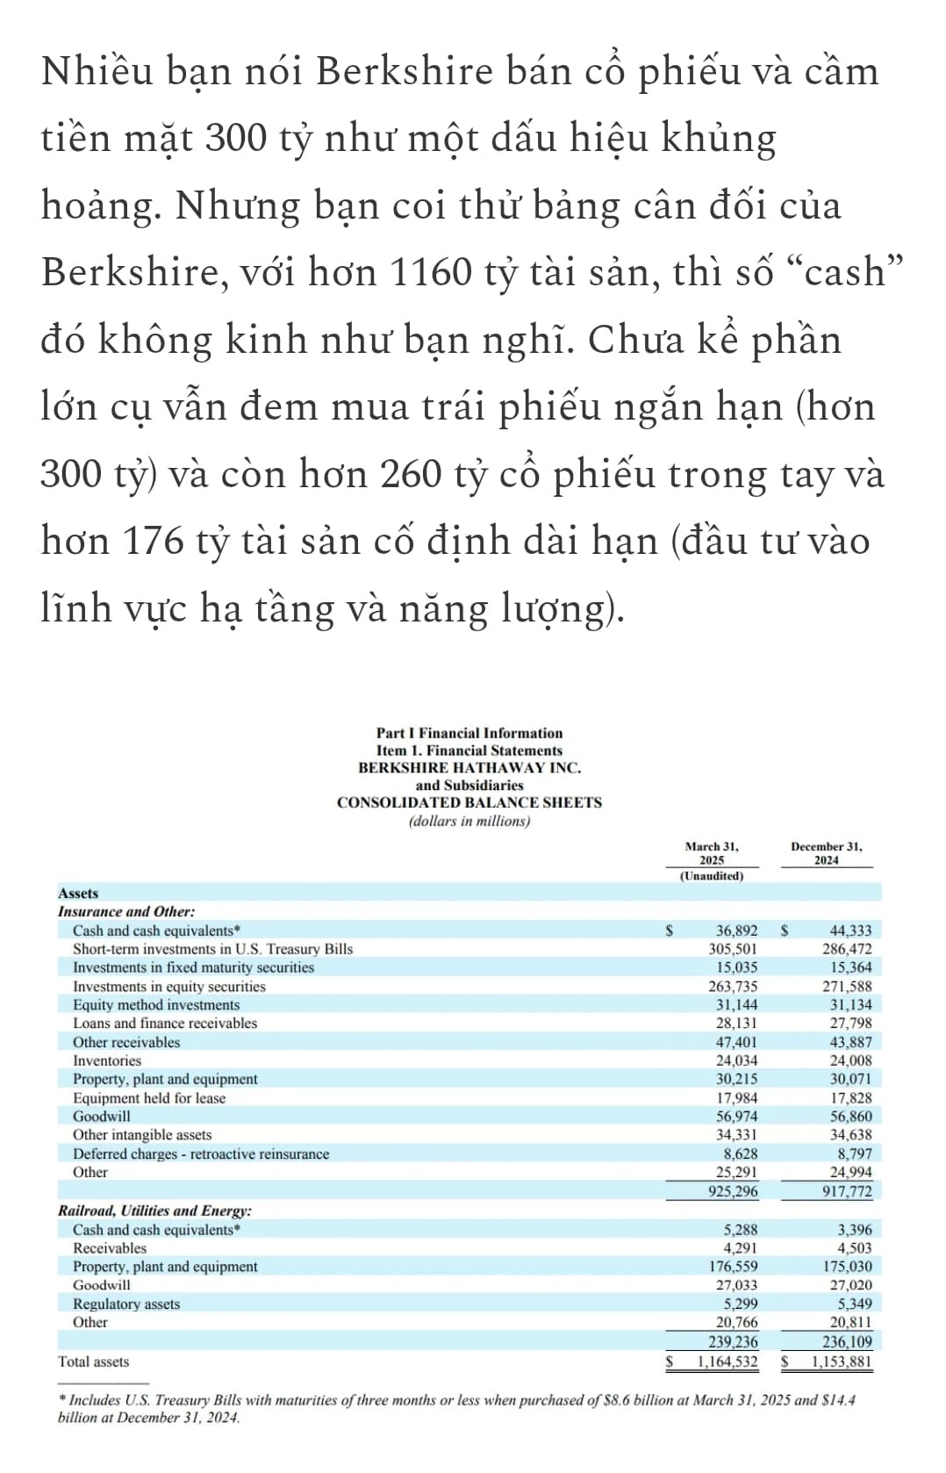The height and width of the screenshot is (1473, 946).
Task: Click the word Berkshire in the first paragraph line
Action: pyautogui.click(x=404, y=72)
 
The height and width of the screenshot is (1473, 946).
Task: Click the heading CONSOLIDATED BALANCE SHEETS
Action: pyautogui.click(x=469, y=802)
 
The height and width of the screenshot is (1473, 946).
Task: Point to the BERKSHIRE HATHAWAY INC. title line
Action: pyautogui.click(x=469, y=767)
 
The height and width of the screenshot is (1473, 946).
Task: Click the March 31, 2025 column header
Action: pyautogui.click(x=712, y=853)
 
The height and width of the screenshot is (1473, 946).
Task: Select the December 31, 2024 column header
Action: pyautogui.click(x=826, y=853)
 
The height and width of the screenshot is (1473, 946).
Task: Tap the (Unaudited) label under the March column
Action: pyautogui.click(x=712, y=876)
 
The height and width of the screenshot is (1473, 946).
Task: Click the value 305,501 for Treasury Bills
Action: pyautogui.click(x=733, y=949)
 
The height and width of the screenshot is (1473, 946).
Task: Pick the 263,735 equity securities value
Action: pyautogui.click(x=733, y=987)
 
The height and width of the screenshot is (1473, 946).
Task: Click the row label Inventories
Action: pyautogui.click(x=107, y=1060)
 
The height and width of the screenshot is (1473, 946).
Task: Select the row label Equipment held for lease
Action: pyautogui.click(x=149, y=1098)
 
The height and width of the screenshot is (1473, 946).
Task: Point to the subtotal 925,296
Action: pyautogui.click(x=733, y=1191)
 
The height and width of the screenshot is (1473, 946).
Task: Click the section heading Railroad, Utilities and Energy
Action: pyautogui.click(x=154, y=1211)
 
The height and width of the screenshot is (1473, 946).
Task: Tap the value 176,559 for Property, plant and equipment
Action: pyautogui.click(x=733, y=1267)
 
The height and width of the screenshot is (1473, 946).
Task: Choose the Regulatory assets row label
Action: pyautogui.click(x=126, y=1304)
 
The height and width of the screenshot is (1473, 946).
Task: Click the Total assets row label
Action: pyautogui.click(x=93, y=1362)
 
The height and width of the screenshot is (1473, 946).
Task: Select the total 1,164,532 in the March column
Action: pyautogui.click(x=727, y=1362)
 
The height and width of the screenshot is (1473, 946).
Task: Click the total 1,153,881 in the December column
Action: pyautogui.click(x=842, y=1362)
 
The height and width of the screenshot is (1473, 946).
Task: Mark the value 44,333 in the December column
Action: pyautogui.click(x=850, y=931)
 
